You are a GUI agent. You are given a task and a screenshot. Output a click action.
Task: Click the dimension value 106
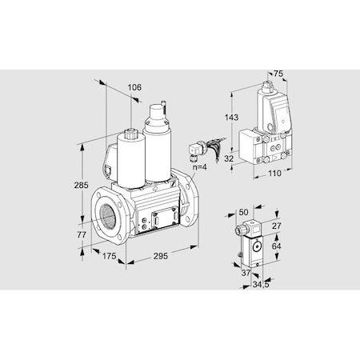pyautogui.click(x=134, y=87)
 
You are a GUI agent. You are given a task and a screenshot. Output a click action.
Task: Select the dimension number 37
pyautogui.click(x=246, y=272)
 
